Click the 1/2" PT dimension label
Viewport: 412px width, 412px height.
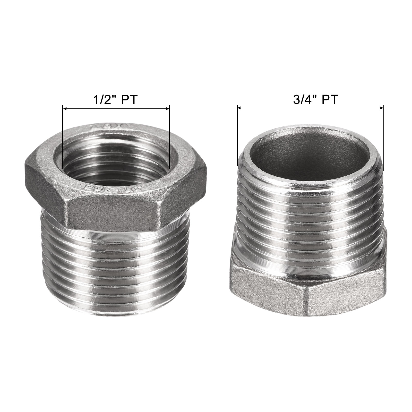(x=115, y=100)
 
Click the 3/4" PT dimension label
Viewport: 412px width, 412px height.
(x=315, y=100)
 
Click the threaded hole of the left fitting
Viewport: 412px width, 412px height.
(x=116, y=160)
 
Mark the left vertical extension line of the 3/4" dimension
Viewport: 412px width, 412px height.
(x=237, y=139)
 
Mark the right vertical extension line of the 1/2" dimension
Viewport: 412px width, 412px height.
(x=169, y=139)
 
